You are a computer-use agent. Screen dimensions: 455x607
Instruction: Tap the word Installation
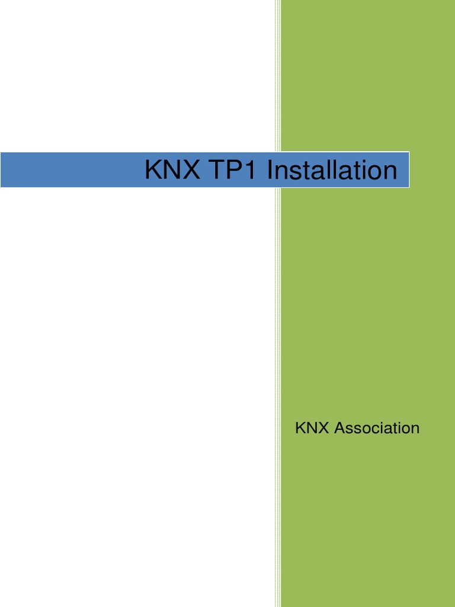click(332, 170)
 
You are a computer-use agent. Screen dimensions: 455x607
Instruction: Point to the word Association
click(377, 427)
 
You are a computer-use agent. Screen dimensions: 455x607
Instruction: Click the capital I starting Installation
click(270, 170)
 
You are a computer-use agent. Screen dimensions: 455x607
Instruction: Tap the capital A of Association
click(340, 427)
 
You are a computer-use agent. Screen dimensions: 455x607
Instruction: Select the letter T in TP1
click(217, 170)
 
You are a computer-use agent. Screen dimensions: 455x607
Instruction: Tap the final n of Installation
click(389, 171)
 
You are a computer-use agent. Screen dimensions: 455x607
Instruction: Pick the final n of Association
click(415, 429)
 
